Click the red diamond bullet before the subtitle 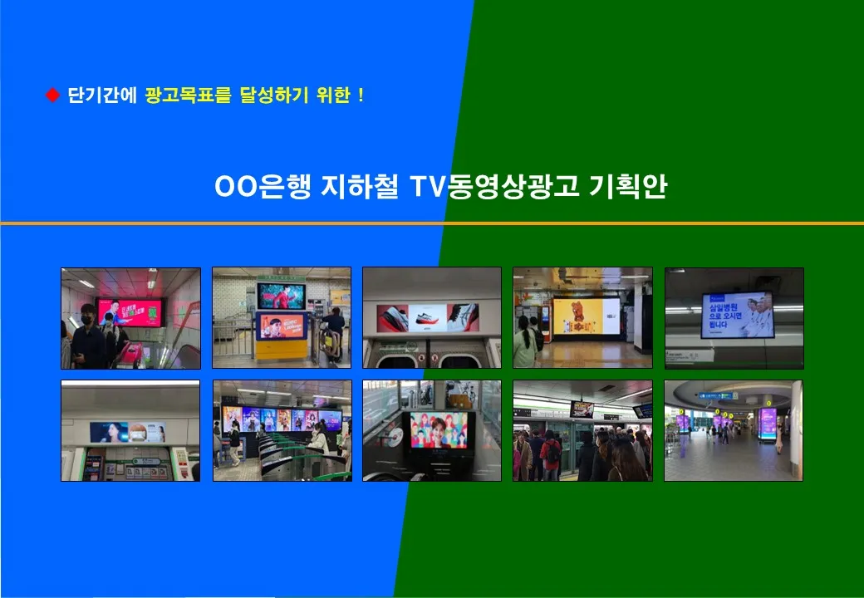pyautogui.click(x=52, y=96)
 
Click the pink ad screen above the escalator pyautogui.click(x=127, y=311)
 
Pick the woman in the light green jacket pyautogui.click(x=524, y=342)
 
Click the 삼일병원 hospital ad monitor pyautogui.click(x=737, y=315)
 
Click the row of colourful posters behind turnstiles pyautogui.click(x=282, y=419)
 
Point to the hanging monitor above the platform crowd pyautogui.click(x=582, y=409)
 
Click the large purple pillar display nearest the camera pyautogui.click(x=768, y=423)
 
